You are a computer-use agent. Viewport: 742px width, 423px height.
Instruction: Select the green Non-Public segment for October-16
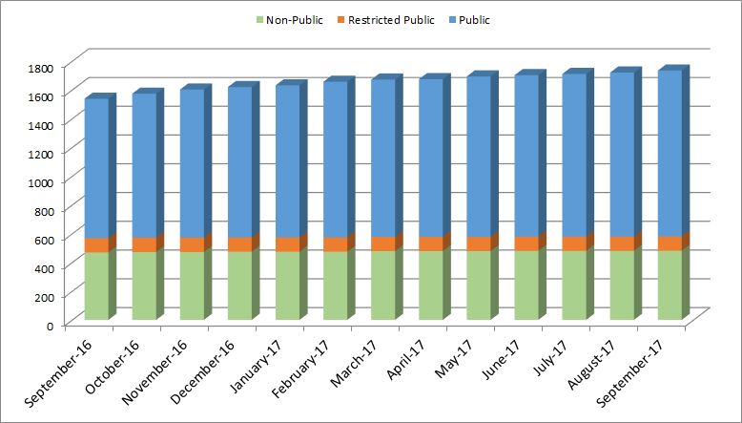coord(144,286)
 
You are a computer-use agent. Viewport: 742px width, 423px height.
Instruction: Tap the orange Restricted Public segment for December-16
coord(239,244)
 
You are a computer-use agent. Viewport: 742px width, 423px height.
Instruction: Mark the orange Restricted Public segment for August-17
coord(621,243)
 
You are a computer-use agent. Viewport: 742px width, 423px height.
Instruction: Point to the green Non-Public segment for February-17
coord(335,286)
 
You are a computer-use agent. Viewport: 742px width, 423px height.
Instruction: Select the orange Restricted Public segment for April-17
coord(430,243)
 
